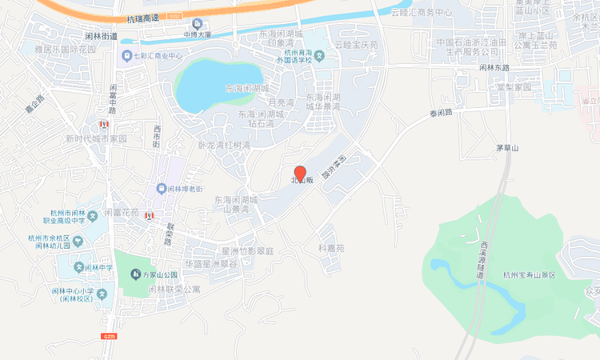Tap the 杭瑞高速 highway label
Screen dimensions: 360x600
(144, 18)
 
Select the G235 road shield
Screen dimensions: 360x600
(110, 337)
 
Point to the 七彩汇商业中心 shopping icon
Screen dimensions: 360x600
(126, 56)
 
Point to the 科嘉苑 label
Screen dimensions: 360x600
(330, 248)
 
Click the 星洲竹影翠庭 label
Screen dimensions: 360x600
(247, 251)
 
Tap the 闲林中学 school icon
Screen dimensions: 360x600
(78, 267)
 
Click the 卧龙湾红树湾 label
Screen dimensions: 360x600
(224, 146)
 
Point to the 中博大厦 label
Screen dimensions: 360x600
(196, 35)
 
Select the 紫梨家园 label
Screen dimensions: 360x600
(512, 86)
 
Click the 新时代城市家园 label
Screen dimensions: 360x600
(96, 138)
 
